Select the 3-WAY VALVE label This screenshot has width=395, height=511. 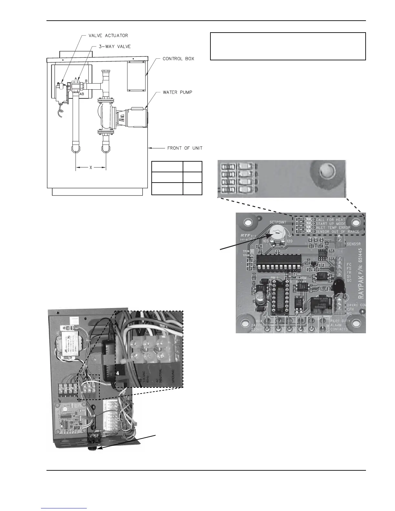[x=115, y=46]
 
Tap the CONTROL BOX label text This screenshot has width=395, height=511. [x=178, y=59]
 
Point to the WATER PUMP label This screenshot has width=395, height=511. [x=177, y=92]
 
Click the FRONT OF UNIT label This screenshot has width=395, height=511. [x=185, y=148]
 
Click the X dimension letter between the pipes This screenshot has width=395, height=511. [x=91, y=167]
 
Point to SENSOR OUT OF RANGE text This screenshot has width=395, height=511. [x=333, y=232]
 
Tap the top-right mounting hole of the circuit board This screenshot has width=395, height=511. [x=356, y=222]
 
